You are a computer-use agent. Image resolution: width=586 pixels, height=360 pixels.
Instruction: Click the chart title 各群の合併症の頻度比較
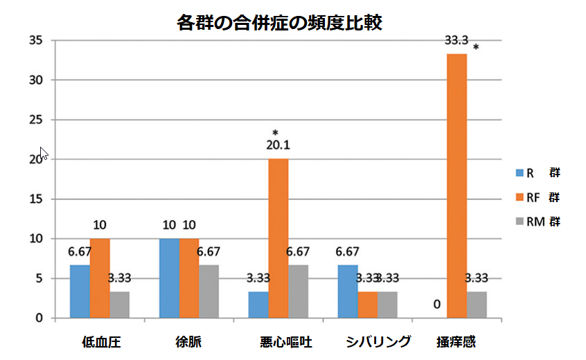pyautogui.click(x=280, y=23)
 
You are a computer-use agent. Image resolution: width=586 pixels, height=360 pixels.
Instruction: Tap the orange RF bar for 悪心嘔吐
pyautogui.click(x=278, y=238)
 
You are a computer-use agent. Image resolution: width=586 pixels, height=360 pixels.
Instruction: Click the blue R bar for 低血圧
pyautogui.click(x=80, y=291)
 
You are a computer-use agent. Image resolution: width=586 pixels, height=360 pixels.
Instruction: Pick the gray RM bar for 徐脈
pyautogui.click(x=208, y=291)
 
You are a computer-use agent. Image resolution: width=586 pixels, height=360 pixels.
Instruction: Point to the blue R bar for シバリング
pyautogui.click(x=348, y=291)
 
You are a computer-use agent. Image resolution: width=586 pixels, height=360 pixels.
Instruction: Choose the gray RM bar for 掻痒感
pyautogui.click(x=477, y=305)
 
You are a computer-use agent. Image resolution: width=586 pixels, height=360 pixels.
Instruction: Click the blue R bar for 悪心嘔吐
pyautogui.click(x=258, y=305)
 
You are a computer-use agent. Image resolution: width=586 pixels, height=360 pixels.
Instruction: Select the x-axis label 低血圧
pyautogui.click(x=100, y=341)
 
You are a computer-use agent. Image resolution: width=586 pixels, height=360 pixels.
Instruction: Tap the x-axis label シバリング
pyautogui.click(x=378, y=341)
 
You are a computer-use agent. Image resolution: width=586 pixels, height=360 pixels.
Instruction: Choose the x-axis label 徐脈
pyautogui.click(x=188, y=341)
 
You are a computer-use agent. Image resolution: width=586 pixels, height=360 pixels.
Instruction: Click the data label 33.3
pyautogui.click(x=456, y=41)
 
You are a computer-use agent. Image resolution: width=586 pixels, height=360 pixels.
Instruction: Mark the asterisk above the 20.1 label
pyautogui.click(x=275, y=132)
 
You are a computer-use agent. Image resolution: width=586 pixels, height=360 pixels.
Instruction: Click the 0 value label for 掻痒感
pyautogui.click(x=436, y=303)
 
